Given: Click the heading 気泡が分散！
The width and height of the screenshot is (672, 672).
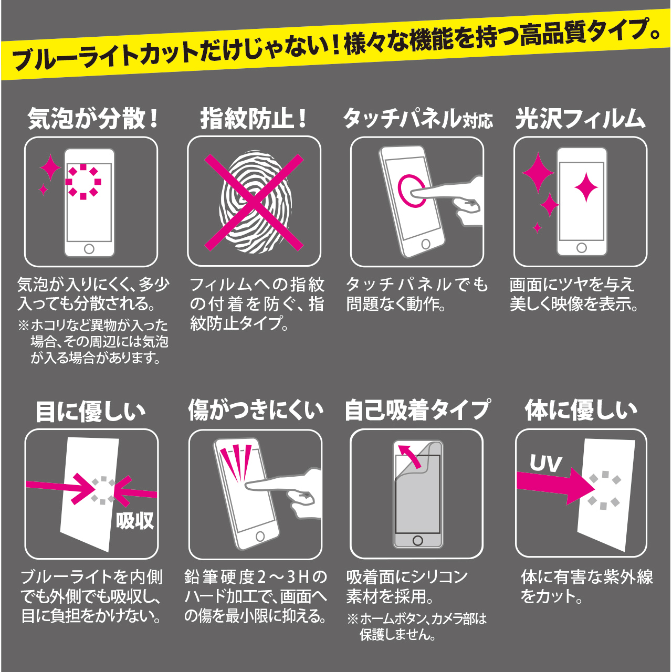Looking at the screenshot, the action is point(93,119).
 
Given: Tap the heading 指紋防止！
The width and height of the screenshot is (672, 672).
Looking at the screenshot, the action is point(254,119).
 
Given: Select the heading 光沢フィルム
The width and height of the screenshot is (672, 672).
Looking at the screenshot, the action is point(580,119).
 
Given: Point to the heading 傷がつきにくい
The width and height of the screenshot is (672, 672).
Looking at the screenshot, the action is point(256,410).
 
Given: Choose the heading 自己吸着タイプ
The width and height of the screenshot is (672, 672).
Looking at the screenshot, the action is point(417,410).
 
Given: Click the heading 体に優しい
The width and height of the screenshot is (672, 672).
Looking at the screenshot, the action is point(581,410).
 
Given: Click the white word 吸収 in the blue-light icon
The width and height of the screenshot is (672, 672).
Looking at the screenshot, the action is point(134,521).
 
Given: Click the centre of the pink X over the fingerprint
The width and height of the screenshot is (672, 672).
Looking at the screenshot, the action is point(254,202).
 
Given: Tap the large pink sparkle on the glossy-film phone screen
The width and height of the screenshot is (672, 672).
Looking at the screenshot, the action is point(586,187).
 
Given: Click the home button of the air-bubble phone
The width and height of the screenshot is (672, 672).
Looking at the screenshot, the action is point(89,249).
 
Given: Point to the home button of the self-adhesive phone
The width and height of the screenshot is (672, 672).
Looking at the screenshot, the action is point(417,541).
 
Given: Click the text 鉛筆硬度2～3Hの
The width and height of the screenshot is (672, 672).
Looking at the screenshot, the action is point(256,578).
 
